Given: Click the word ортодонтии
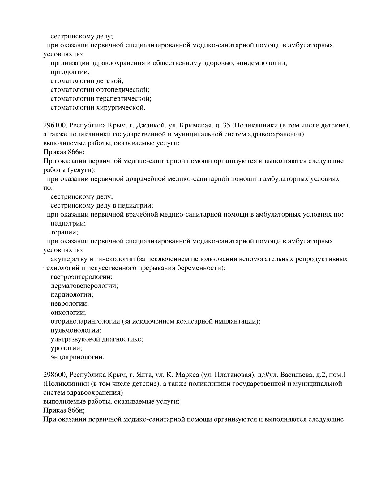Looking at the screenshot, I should [x=70, y=72].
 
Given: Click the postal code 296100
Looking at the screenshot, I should [x=54, y=126].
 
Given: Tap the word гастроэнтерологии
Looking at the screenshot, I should [x=81, y=277].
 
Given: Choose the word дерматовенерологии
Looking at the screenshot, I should [x=84, y=286].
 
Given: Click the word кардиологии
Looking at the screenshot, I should [x=72, y=295].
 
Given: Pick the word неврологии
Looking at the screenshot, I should [x=70, y=304].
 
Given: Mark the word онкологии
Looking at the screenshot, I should [x=68, y=313].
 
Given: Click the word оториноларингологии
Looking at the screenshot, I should [x=85, y=321].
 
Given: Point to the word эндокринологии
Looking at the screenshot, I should [x=77, y=357].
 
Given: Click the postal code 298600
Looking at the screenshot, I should [x=54, y=375].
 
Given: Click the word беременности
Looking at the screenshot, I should [x=202, y=268].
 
